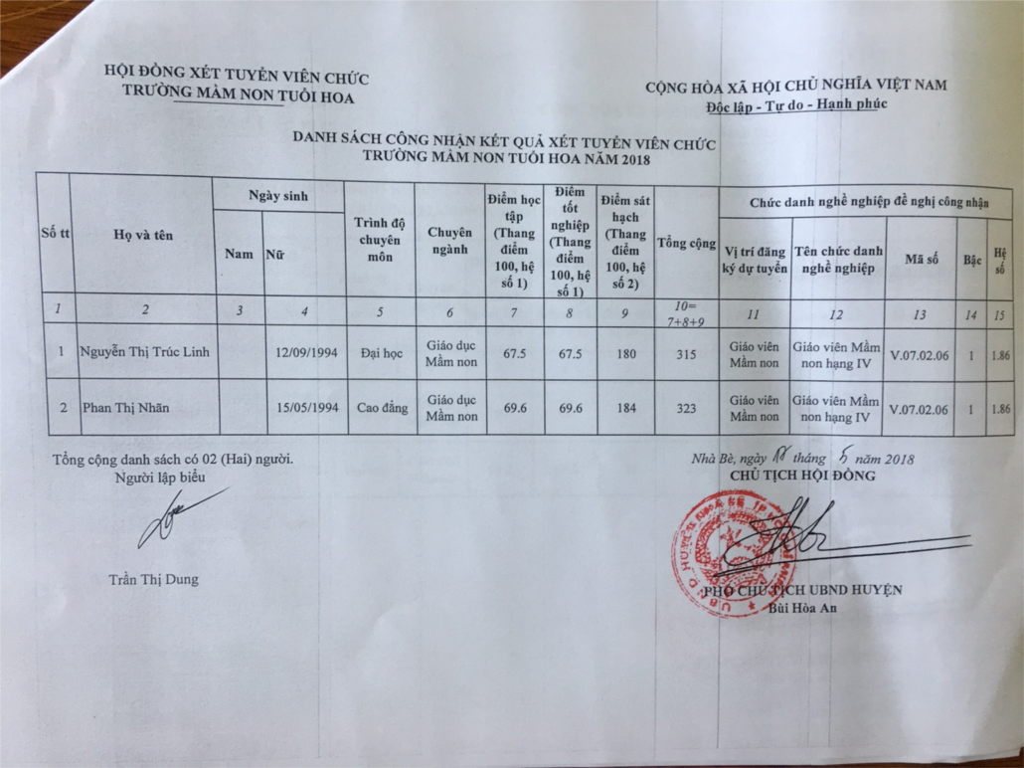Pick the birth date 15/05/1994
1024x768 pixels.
[x=304, y=408]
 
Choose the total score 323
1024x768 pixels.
[x=686, y=409]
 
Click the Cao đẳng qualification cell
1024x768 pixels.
[x=379, y=408]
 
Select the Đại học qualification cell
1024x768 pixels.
[x=379, y=352]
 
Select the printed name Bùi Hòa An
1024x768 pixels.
[x=802, y=610]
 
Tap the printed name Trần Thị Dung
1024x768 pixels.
[x=154, y=579]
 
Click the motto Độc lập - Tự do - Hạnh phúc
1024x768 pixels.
[x=796, y=104]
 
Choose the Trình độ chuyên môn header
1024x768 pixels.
[x=379, y=240]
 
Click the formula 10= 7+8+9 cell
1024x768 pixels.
[x=686, y=310]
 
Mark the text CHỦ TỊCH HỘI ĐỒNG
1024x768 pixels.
[x=802, y=476]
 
